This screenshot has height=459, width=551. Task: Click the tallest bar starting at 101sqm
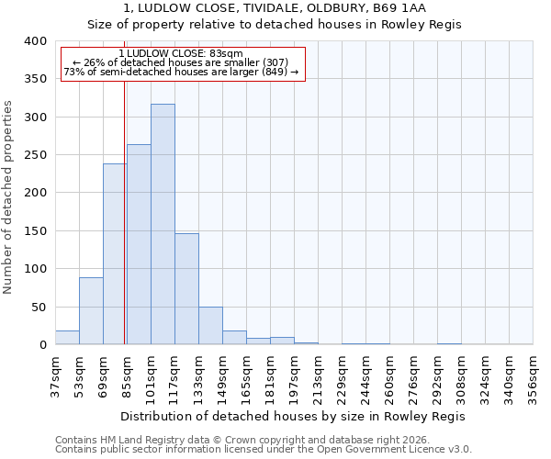(x=163, y=225)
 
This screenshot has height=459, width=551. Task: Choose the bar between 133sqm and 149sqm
(x=210, y=326)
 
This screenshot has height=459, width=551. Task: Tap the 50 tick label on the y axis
(x=39, y=307)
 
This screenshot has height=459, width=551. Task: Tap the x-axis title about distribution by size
(x=293, y=416)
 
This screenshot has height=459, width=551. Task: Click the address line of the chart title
(x=274, y=8)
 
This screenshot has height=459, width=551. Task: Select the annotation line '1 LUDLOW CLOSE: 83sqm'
(x=181, y=54)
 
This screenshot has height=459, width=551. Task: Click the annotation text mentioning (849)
(x=181, y=72)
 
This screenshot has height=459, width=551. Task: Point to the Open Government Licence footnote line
(x=263, y=450)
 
